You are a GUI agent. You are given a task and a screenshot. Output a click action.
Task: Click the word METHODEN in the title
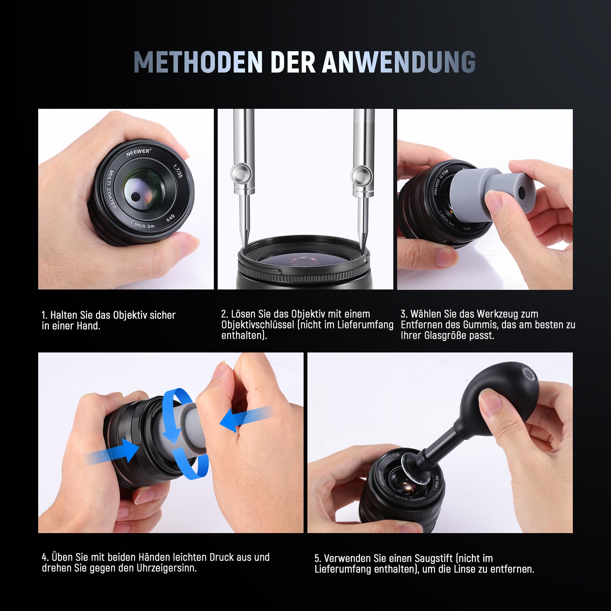(198, 62)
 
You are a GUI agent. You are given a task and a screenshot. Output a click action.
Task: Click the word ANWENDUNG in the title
(399, 62)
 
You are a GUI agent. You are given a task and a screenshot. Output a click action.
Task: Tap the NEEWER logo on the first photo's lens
(138, 152)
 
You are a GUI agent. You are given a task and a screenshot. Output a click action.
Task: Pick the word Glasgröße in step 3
(446, 336)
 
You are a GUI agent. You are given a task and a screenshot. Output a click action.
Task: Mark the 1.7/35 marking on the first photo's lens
(178, 171)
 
